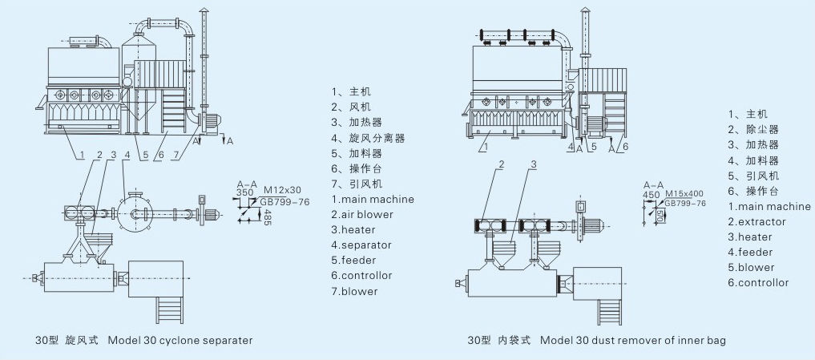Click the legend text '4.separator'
pos(361,245)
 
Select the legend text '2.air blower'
pos(362,214)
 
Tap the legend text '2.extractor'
pos(756,222)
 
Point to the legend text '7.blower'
pos(354,291)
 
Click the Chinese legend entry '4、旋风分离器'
pos(369,139)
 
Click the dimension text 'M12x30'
pos(282,190)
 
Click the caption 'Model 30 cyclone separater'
pos(180,341)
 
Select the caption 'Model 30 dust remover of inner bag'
pos(632,341)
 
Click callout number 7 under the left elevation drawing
pos(176,155)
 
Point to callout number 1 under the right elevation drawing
pos(484,148)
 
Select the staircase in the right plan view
pos(610,312)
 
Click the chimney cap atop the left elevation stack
pos(204,10)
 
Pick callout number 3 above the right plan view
pos(533,165)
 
